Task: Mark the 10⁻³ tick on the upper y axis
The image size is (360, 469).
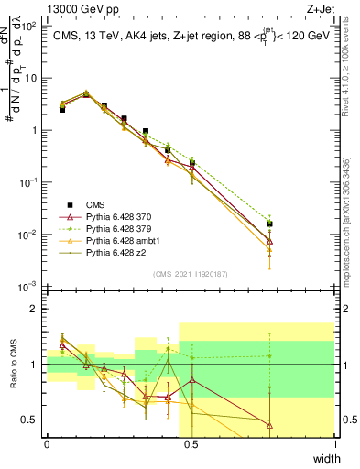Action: [30, 288]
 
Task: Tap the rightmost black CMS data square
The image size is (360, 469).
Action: [269, 224]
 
